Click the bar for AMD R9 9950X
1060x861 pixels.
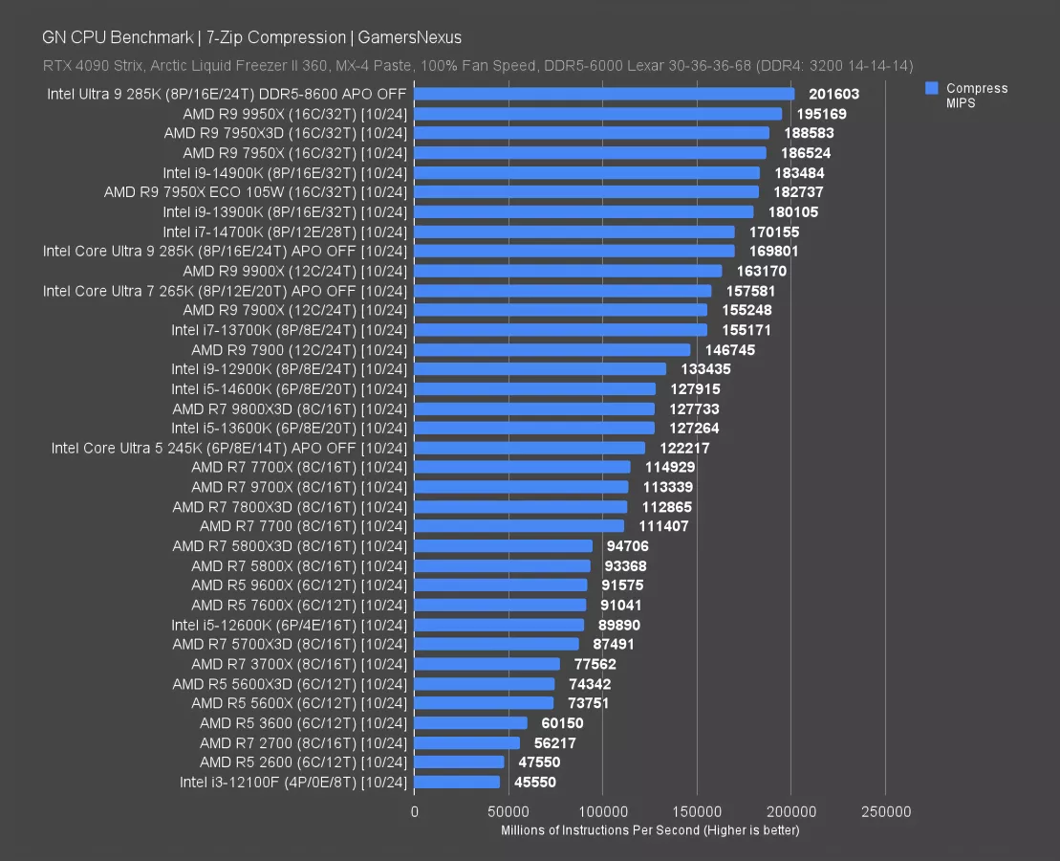coord(597,114)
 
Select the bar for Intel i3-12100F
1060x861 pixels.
coord(457,782)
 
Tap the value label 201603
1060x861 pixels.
coord(834,94)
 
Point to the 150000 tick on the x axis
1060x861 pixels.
coord(697,812)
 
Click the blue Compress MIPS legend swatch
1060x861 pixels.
coord(930,88)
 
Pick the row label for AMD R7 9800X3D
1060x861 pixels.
coord(290,408)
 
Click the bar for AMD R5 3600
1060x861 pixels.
coord(470,723)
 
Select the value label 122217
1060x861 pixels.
coord(684,448)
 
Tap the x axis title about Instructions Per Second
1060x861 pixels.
coord(650,830)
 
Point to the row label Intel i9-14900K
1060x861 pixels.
coord(285,172)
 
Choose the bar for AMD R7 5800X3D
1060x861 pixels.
coord(503,546)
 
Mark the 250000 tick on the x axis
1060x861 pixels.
coord(885,812)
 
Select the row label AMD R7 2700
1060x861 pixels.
coord(303,742)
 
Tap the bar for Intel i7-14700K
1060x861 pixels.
coord(574,232)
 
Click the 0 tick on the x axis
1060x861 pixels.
coord(415,812)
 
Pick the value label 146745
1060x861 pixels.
coord(729,350)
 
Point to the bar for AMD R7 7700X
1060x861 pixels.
coord(522,467)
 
